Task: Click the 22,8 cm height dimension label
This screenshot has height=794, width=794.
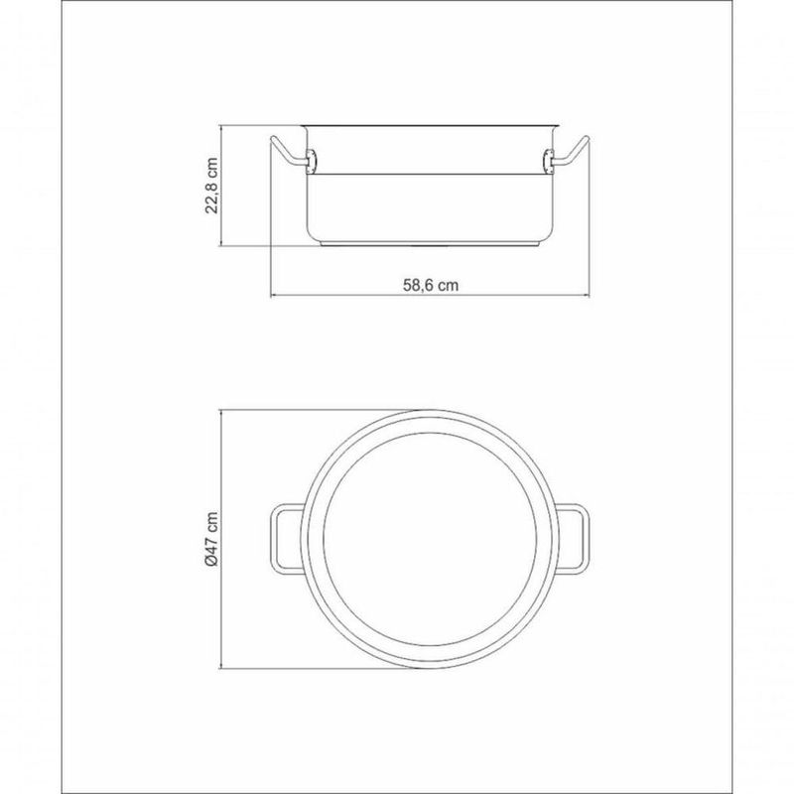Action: coord(211,186)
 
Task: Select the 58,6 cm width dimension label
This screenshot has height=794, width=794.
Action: coord(431,285)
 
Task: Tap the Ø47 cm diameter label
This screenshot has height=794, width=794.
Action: coord(211,539)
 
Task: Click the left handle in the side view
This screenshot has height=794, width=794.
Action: coord(289,152)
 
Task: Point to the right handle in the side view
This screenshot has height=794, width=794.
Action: coord(571,152)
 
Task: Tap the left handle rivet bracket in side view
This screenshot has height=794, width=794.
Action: coord(312,161)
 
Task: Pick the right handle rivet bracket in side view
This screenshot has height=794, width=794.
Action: coord(548,161)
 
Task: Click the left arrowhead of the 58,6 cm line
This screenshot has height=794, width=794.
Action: coord(274,295)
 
